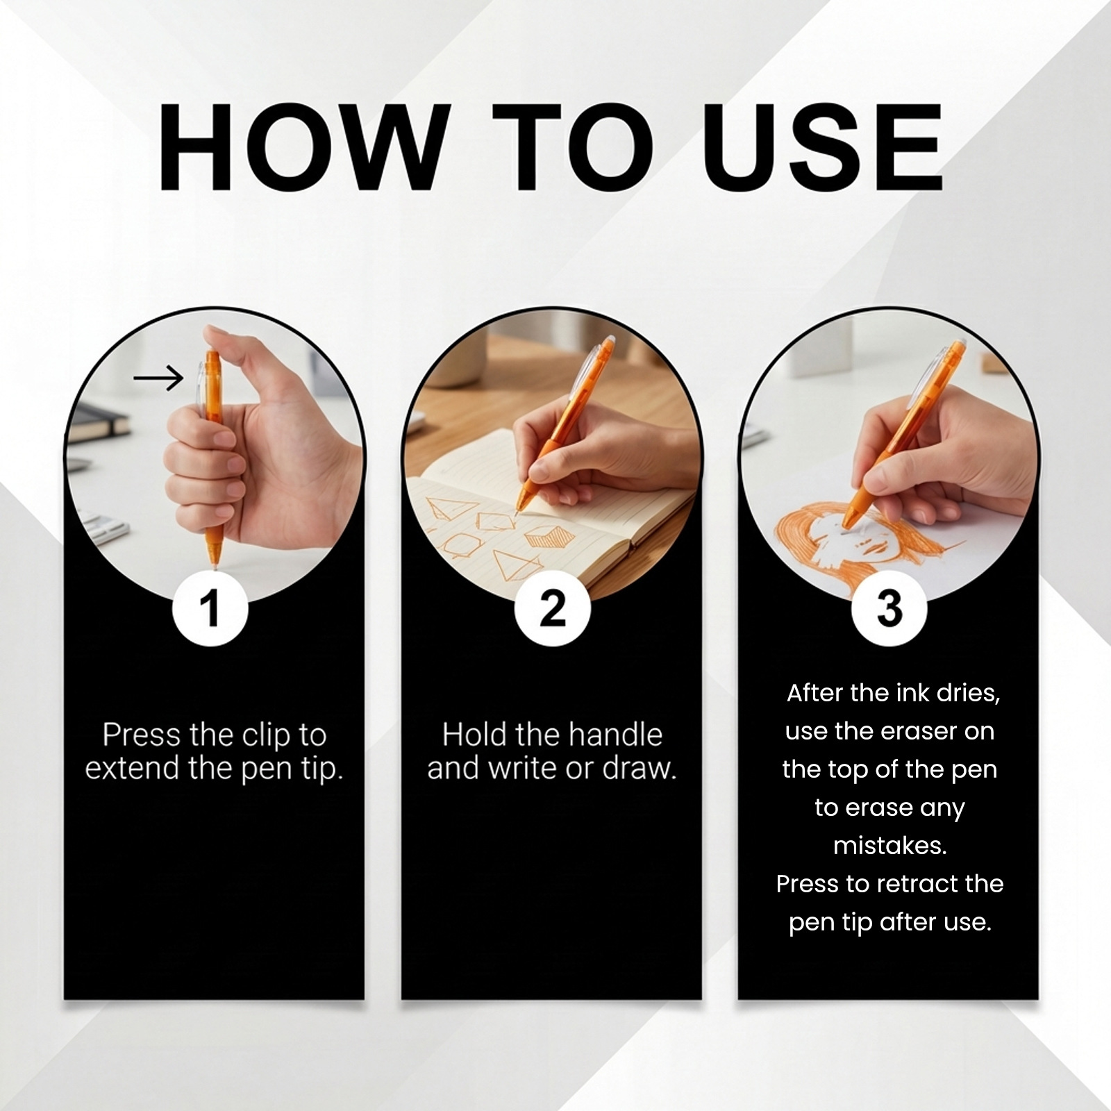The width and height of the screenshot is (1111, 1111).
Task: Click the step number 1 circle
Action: (x=210, y=608)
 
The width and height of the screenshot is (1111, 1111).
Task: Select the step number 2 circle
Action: (x=552, y=608)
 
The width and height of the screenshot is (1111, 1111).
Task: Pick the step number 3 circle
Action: (x=889, y=608)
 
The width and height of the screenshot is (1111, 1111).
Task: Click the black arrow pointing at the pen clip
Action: (x=158, y=378)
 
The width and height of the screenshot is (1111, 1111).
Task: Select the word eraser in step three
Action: (x=927, y=731)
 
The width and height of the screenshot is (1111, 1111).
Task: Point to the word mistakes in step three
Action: (x=890, y=846)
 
